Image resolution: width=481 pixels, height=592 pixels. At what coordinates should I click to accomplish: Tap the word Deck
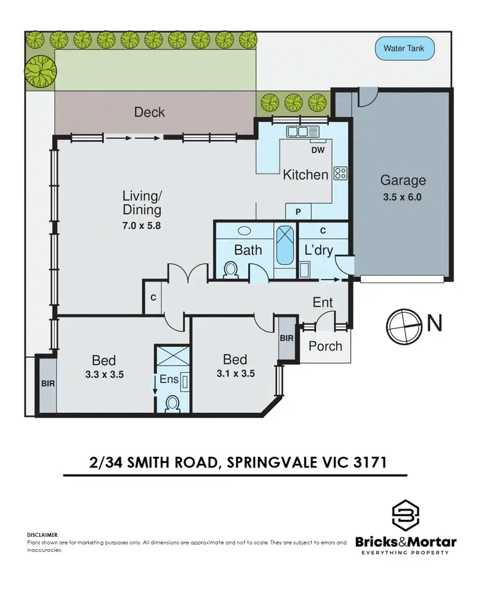coord(149,112)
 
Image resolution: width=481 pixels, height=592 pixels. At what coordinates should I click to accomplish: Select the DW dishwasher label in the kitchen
coord(317,151)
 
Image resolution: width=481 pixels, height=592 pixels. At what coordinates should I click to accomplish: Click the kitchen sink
coord(300,133)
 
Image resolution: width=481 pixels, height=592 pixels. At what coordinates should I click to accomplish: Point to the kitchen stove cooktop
coord(341,173)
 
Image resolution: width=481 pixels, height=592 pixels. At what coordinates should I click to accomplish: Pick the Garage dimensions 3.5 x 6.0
coord(402,197)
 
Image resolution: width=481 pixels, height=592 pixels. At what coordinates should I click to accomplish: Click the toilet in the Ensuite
coord(173,404)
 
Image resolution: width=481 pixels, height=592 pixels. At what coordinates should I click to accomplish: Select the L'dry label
coord(319,250)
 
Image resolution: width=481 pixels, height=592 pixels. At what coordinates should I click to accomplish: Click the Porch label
coord(326,346)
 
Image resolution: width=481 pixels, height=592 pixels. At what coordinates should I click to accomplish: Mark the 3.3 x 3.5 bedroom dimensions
coord(104,375)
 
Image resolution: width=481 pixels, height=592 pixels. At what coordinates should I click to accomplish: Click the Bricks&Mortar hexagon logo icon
coord(406,515)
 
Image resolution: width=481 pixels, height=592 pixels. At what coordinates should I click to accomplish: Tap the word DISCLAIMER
coord(43,534)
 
